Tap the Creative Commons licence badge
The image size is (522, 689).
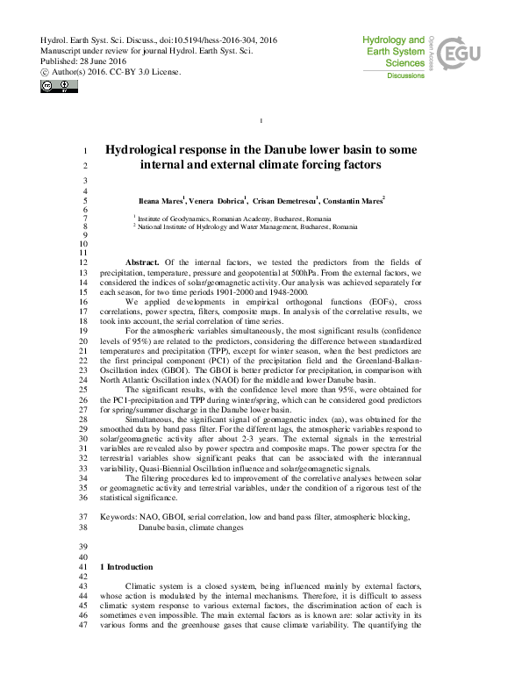pos(53,85)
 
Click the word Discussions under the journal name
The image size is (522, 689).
pos(406,76)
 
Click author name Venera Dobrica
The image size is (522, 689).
pos(219,201)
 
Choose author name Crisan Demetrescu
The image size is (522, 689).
pos(286,201)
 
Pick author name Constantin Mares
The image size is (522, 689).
pos(355,201)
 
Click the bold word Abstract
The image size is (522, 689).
pos(142,262)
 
